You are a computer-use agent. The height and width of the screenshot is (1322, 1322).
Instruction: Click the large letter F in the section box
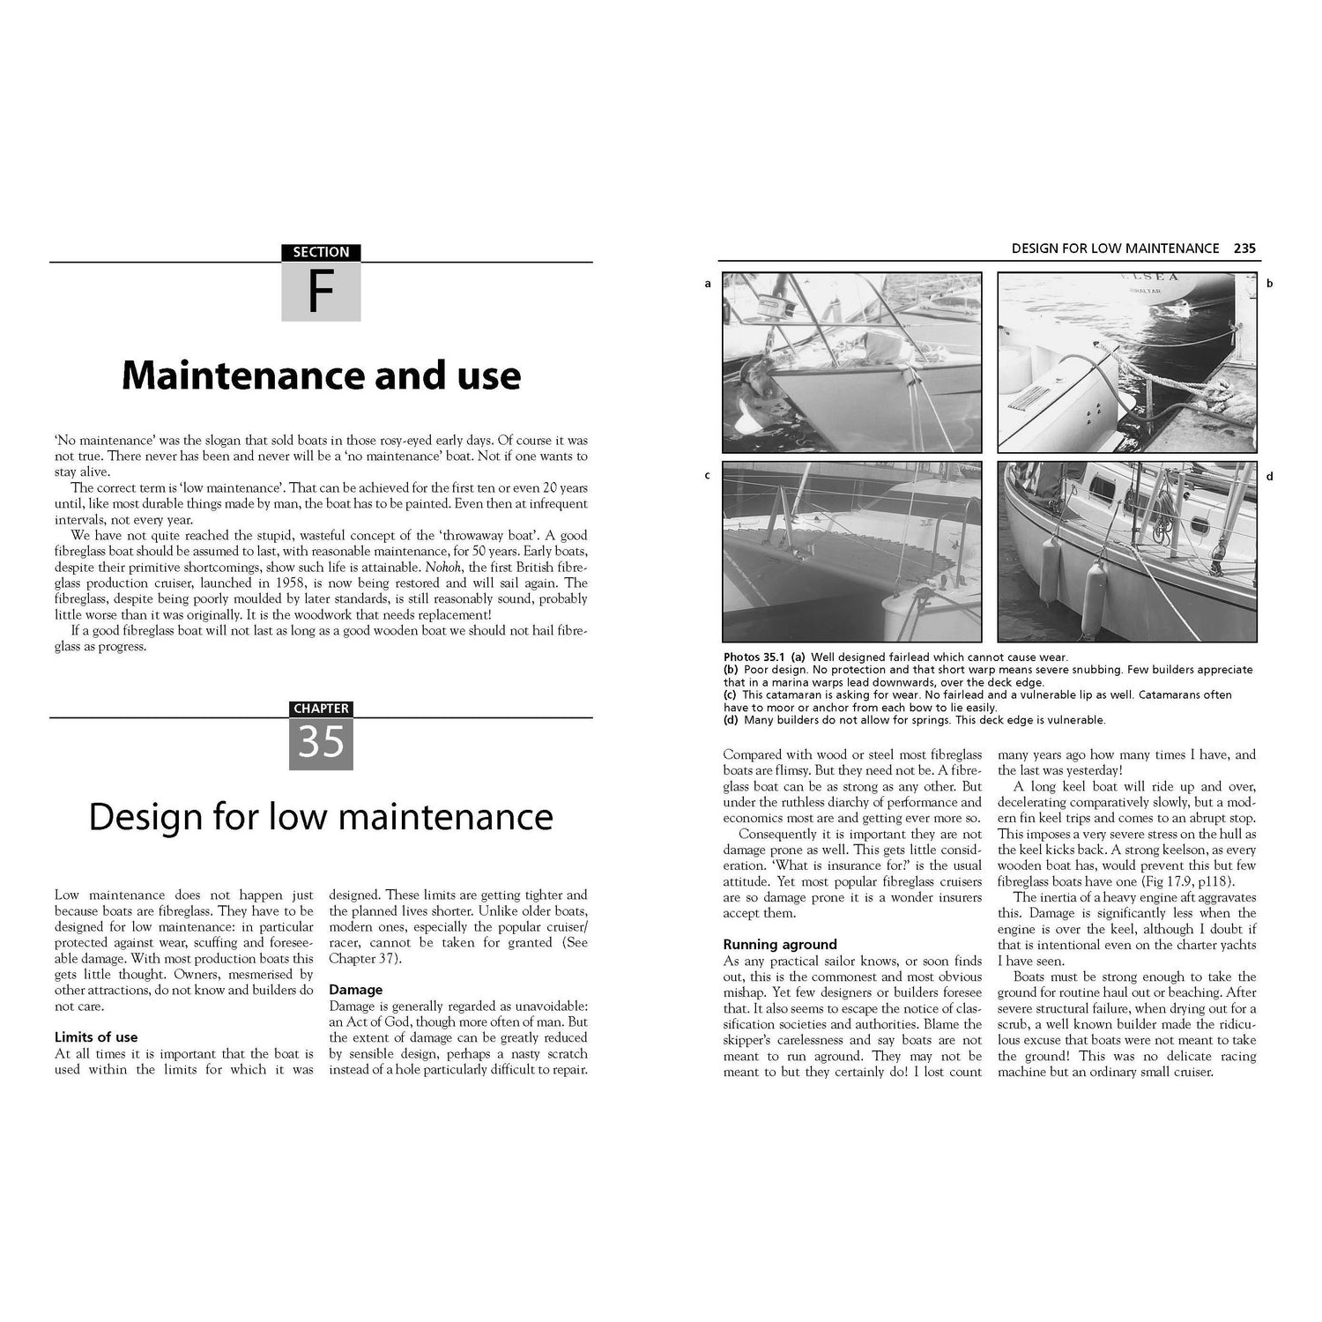point(321,293)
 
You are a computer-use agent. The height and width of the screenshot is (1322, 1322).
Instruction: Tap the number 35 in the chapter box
point(321,742)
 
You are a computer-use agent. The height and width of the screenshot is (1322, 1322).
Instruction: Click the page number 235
point(1244,249)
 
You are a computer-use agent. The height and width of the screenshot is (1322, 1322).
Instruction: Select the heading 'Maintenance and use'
point(321,375)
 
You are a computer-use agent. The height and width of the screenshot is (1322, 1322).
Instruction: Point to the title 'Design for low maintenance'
point(321,817)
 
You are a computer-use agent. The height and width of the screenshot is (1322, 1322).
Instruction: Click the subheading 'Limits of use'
point(96,1037)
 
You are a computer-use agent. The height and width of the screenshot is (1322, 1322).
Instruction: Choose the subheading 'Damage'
point(356,990)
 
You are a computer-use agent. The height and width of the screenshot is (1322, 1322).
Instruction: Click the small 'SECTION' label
point(321,252)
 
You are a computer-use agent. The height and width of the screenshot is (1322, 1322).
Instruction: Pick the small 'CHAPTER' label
point(321,709)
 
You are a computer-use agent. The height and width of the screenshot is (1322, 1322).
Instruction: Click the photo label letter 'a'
point(707,284)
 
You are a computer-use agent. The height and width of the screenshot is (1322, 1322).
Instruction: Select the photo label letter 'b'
point(1269,284)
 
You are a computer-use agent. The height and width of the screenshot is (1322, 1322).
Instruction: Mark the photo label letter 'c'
point(707,476)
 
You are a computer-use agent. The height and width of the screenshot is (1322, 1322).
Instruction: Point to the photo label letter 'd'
point(1269,477)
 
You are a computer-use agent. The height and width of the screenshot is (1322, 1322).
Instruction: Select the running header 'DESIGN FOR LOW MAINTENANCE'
point(1115,249)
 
